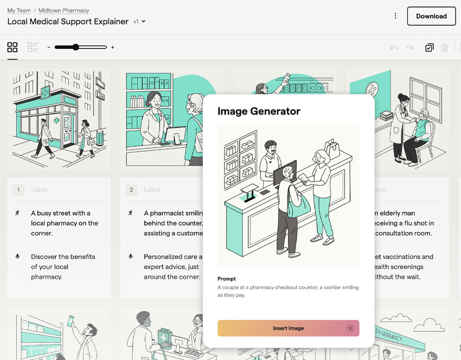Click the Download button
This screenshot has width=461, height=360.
point(431,16)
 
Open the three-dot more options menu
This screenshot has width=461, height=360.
point(395,16)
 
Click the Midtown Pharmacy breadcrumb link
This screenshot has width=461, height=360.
point(63,10)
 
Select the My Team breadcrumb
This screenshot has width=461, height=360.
point(19,10)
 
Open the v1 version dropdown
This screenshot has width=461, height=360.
point(140,22)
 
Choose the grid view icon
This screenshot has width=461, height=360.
point(12,48)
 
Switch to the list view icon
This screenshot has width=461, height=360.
point(33,48)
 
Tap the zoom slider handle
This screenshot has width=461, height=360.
point(75,47)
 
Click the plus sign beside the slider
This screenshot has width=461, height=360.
point(112,48)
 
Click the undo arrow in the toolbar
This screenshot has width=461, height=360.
point(394,48)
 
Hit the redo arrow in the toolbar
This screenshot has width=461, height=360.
point(409,48)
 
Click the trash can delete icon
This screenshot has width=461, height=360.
point(444,48)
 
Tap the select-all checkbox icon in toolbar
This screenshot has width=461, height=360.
point(429,48)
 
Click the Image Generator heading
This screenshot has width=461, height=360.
point(259,111)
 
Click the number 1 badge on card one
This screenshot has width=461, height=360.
point(19,190)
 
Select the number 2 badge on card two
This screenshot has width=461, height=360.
point(131,190)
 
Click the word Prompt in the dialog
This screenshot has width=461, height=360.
point(227,279)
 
